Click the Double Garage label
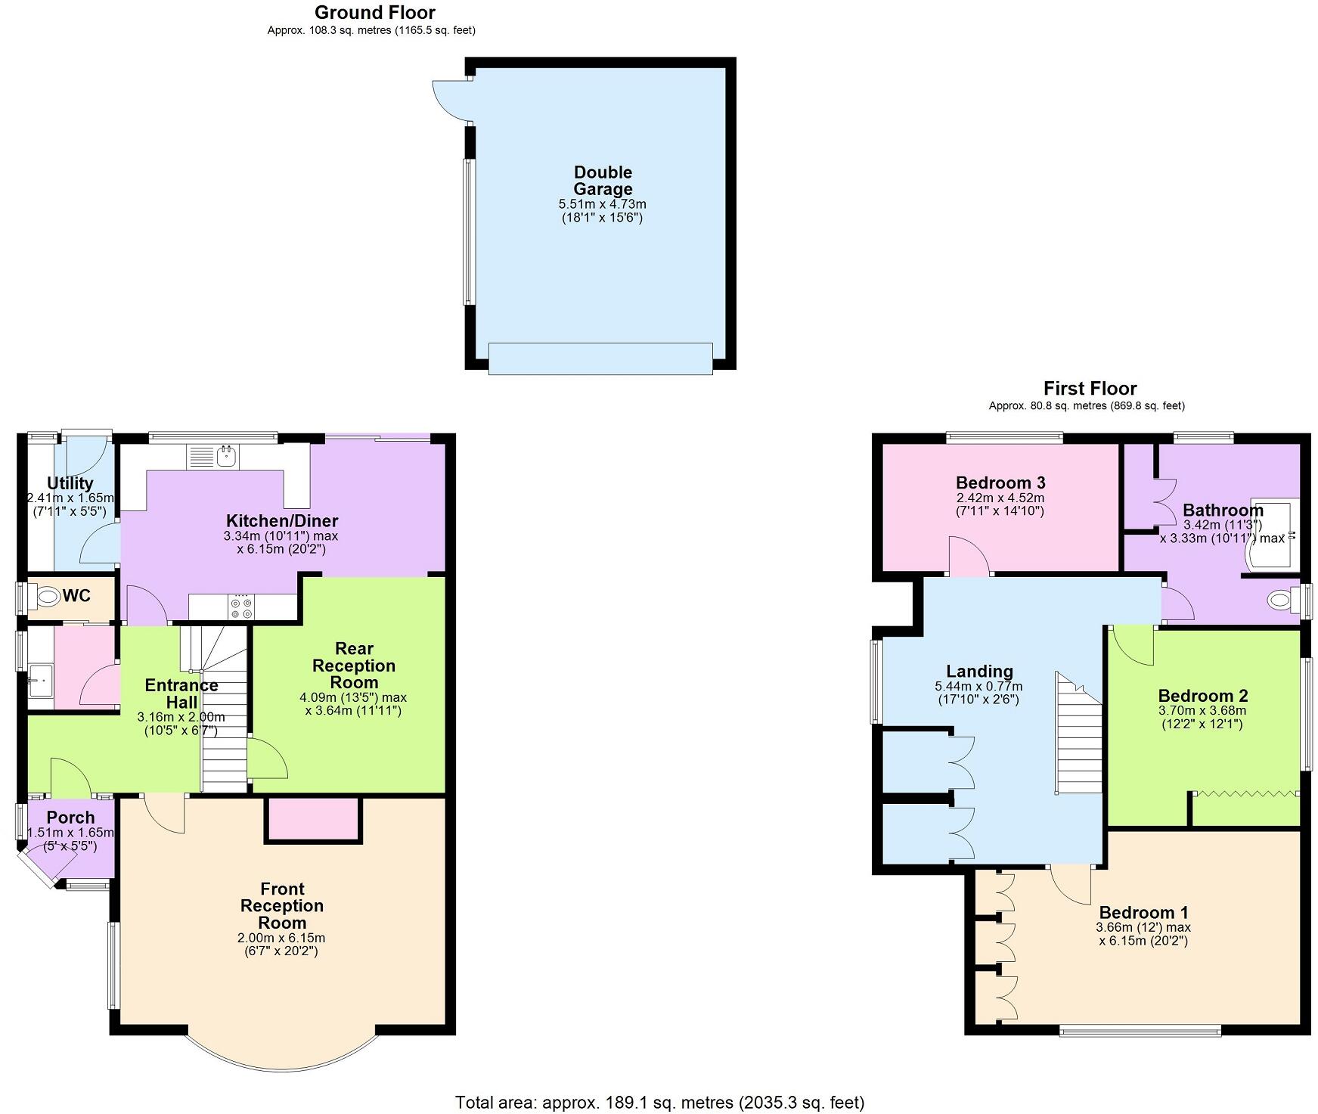click(603, 181)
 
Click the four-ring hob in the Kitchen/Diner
click(242, 607)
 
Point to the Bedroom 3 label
click(1000, 483)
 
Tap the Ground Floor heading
click(375, 12)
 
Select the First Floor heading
click(1090, 389)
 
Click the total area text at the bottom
click(659, 1102)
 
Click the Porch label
click(70, 818)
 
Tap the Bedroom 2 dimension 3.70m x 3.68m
click(1202, 711)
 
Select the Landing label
click(979, 671)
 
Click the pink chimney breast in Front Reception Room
click(313, 819)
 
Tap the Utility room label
click(70, 483)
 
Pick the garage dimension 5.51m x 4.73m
click(602, 204)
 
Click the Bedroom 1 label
click(1144, 912)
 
